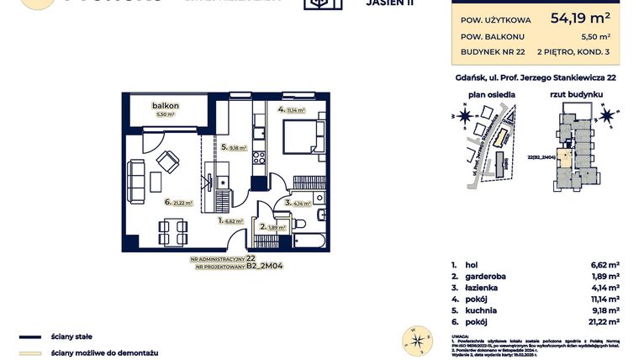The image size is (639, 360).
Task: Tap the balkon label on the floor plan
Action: (164, 106)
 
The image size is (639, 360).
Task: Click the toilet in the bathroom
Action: (298, 225)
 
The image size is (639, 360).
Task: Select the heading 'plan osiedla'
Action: (491, 96)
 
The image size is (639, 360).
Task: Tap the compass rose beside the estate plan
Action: (454, 114)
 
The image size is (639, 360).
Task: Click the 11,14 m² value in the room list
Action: (605, 299)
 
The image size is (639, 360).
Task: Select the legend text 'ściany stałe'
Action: (67, 336)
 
